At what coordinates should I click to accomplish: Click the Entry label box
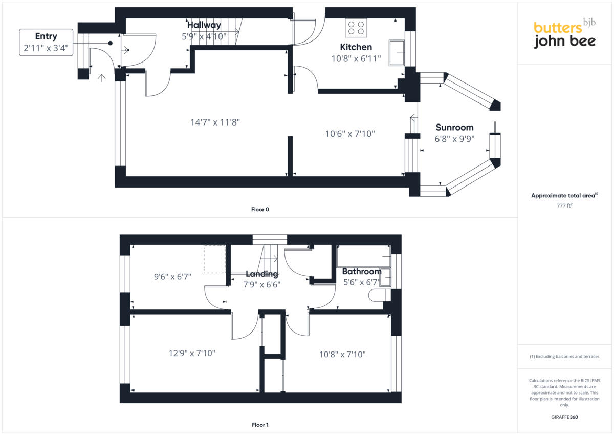(46, 42)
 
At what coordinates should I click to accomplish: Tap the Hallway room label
(204, 25)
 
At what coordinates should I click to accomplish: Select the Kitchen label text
(356, 47)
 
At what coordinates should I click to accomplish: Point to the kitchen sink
(397, 53)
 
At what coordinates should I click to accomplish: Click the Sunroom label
(454, 128)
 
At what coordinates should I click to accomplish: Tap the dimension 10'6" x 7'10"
(350, 134)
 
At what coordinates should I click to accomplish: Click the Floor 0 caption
(260, 209)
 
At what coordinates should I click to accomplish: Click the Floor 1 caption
(260, 425)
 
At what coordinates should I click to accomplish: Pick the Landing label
(261, 274)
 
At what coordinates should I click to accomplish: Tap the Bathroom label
(362, 272)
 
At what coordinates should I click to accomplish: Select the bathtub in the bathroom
(363, 256)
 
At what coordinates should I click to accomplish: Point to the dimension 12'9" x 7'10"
(192, 353)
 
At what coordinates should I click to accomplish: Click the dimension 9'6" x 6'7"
(172, 277)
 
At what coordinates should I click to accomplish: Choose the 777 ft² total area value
(564, 205)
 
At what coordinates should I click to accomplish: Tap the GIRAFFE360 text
(564, 417)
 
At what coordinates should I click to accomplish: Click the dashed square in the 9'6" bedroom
(215, 259)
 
